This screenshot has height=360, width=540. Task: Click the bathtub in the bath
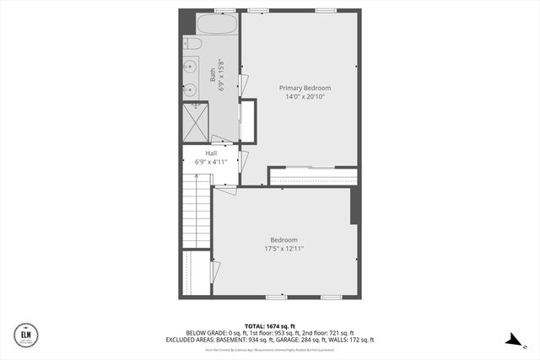point(217,23)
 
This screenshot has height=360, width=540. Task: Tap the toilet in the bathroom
point(192,44)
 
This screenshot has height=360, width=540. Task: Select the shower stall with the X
point(195,121)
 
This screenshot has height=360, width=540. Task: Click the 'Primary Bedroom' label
point(305,88)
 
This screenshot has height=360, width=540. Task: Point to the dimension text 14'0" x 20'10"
point(305,97)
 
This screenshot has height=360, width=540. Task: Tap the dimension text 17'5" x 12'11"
point(283,249)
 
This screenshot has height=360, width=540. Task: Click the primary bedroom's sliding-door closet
point(313,176)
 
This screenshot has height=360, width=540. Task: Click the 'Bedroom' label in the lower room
point(283,239)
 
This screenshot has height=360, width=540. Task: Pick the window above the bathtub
point(224,10)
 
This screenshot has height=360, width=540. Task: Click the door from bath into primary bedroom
point(243,85)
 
